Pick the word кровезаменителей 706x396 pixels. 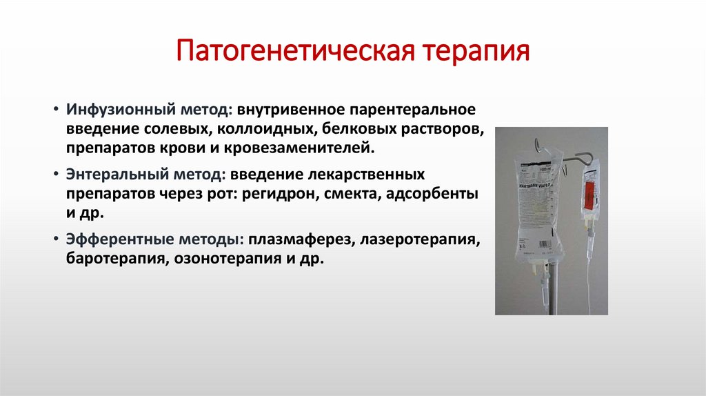coord(312,148)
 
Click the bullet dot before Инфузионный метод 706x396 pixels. coord(55,111)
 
